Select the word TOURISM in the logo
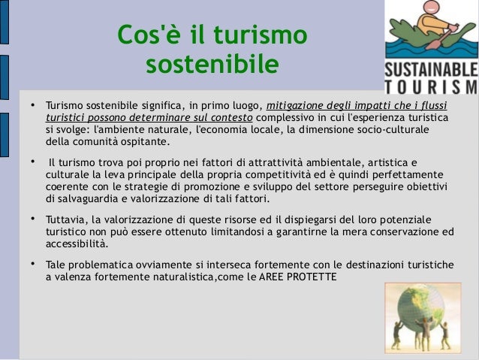430,89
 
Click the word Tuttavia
67,219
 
